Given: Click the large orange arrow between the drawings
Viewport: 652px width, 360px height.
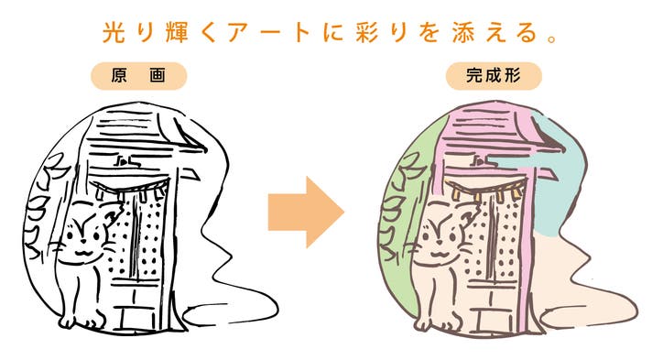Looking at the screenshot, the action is click(306, 213).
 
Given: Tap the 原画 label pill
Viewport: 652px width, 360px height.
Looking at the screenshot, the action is click(139, 76).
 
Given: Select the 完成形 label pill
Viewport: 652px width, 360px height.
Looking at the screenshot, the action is click(494, 76).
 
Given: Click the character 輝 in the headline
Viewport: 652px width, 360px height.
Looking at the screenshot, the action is click(177, 32).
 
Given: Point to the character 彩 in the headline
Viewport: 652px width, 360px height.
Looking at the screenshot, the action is click(367, 32).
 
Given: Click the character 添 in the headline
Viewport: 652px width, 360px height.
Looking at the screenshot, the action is click(463, 32).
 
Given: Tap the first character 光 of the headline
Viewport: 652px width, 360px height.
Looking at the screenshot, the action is click(114, 32).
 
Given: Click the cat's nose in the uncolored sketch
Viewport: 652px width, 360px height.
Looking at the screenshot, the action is click(83, 241).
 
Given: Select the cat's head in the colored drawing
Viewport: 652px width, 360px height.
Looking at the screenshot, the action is click(445, 233).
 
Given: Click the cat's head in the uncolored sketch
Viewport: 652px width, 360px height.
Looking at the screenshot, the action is click(90, 233).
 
